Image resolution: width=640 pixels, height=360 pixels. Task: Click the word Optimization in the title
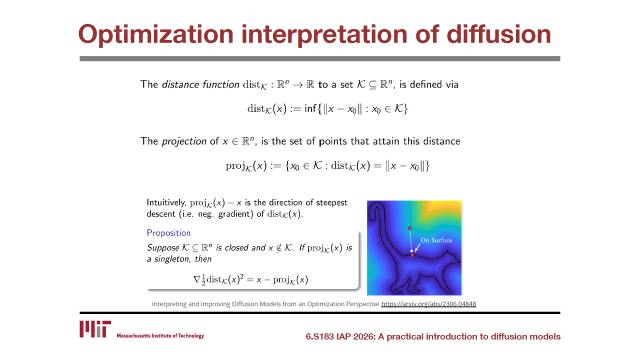click(155, 34)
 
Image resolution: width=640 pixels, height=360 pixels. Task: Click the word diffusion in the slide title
click(498, 34)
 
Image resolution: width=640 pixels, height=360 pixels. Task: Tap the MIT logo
click(95, 329)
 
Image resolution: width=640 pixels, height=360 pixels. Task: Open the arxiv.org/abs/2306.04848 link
click(428, 304)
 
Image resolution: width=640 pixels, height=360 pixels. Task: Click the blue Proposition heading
click(168, 233)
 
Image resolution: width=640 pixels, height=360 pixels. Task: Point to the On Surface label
click(436, 240)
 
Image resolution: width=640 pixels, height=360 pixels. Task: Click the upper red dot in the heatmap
click(410, 228)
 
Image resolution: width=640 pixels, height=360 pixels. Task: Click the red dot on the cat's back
click(412, 255)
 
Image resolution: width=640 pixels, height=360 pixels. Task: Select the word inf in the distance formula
click(310, 108)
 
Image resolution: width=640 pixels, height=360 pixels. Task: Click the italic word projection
click(184, 141)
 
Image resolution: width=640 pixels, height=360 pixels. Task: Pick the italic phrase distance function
click(200, 84)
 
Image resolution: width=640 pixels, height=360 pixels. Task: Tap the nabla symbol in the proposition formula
click(197, 279)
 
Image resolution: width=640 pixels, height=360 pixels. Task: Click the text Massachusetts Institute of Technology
click(160, 335)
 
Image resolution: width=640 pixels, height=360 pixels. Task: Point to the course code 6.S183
click(319, 336)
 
